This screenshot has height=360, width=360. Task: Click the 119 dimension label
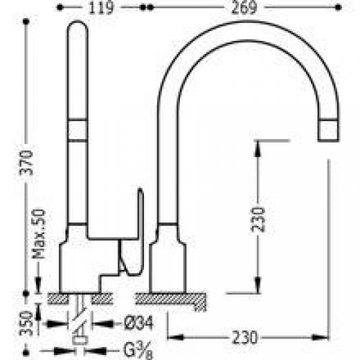(x=101, y=8)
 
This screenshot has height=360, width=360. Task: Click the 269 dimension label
(x=244, y=8)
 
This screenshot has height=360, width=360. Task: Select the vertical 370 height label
(x=26, y=163)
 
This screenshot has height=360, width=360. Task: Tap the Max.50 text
(x=39, y=234)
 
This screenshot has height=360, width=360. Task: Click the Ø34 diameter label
(x=139, y=323)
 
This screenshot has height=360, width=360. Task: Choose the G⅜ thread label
(x=138, y=351)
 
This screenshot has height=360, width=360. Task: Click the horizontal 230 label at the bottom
(x=245, y=338)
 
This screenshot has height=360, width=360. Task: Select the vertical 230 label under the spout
(x=258, y=220)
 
